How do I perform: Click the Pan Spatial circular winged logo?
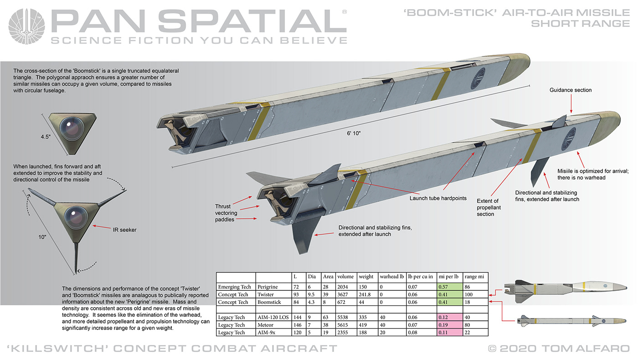tap(26, 26)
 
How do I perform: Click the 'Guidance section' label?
tap(571, 90)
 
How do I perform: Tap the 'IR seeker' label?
tap(124, 230)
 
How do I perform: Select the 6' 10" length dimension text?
tap(354, 133)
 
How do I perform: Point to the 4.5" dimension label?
tap(46, 137)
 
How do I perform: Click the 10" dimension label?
tap(42, 237)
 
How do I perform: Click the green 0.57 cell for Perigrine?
tap(450, 287)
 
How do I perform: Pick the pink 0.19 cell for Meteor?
tap(450, 324)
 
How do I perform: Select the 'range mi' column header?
tap(474, 277)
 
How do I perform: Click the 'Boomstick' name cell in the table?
tap(269, 302)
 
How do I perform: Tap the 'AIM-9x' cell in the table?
tap(266, 332)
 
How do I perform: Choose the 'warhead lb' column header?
tap(391, 277)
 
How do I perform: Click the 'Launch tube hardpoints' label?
tap(438, 198)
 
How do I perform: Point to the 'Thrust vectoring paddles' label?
tap(226, 213)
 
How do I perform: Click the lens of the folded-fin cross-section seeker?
tap(72, 128)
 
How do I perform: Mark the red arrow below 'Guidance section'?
tap(571, 104)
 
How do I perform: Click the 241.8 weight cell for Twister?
tap(365, 294)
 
